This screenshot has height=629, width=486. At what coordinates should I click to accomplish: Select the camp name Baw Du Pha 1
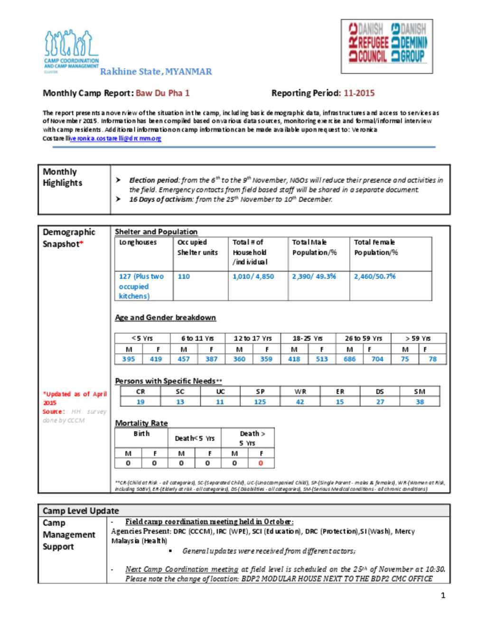point(163,93)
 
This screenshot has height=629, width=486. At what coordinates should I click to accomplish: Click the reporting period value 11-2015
point(359,93)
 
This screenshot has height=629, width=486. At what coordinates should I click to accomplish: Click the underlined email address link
point(115,138)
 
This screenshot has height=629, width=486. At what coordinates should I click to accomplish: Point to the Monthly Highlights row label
point(63,178)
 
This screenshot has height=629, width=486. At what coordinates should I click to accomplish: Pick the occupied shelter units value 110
point(184,276)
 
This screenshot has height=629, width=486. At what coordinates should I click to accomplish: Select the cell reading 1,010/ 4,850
point(253,276)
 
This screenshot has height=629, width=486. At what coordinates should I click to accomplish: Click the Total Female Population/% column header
point(376,247)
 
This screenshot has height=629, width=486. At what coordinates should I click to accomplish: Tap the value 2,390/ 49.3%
point(314,276)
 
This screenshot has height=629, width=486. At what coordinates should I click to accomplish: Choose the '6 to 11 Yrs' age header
point(197,338)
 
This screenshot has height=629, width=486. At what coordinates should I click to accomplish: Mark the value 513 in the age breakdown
point(322,359)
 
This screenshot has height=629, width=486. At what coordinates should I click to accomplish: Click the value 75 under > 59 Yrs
point(405,359)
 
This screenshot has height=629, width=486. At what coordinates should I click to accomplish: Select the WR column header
point(300,392)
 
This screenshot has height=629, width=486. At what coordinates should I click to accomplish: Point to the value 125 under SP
point(260,402)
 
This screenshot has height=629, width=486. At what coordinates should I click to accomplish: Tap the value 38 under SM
point(420,402)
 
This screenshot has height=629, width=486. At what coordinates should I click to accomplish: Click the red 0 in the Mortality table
point(261,463)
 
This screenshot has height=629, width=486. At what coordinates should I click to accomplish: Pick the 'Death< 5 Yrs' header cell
point(195,438)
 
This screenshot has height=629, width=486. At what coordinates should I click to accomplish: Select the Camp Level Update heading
point(81,511)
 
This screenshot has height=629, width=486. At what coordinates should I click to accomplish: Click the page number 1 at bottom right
point(443,595)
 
